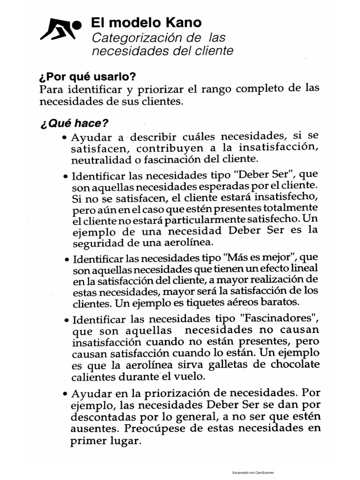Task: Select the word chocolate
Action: point(291,364)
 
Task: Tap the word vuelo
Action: point(190,376)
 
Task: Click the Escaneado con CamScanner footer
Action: point(253,473)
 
